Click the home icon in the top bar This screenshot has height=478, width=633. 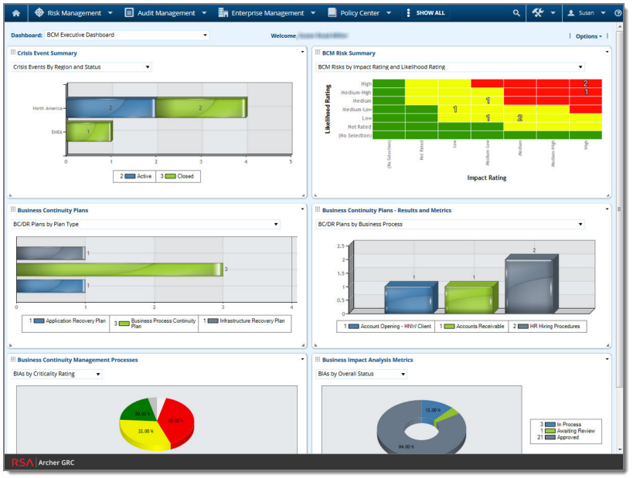15,13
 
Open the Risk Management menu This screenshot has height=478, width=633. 73,13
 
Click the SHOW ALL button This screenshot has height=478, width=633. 430,13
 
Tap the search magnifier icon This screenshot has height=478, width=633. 516,13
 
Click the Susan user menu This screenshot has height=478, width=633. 587,13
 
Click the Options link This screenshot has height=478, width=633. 587,36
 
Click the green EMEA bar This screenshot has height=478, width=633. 88,132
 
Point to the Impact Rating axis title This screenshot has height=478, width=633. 487,178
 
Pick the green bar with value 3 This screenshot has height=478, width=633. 120,270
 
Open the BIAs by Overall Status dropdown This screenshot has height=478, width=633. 361,375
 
